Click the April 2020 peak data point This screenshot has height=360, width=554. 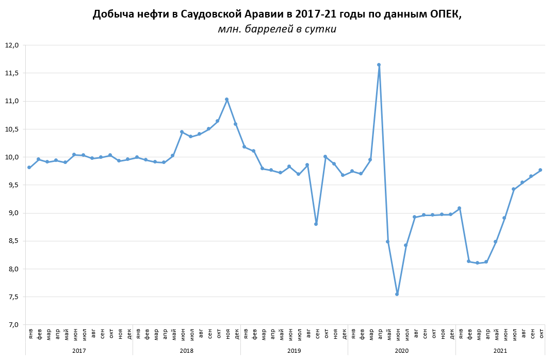pyautogui.click(x=379, y=65)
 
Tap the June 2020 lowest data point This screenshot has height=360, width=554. pyautogui.click(x=397, y=294)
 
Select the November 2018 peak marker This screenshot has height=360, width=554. pyautogui.click(x=226, y=100)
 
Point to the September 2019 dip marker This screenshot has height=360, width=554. pyautogui.click(x=316, y=224)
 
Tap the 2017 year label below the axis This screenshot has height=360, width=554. pyautogui.click(x=79, y=351)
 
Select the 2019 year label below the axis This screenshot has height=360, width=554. pyautogui.click(x=294, y=351)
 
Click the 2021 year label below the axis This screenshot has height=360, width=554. pyautogui.click(x=500, y=351)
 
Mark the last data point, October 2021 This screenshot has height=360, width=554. pyautogui.click(x=540, y=170)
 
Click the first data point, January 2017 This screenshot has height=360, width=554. pyautogui.click(x=29, y=168)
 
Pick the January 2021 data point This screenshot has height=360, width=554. pyautogui.click(x=459, y=208)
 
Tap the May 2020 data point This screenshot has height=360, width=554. pyautogui.click(x=387, y=241)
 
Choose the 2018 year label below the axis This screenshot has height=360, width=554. pyautogui.click(x=186, y=351)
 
